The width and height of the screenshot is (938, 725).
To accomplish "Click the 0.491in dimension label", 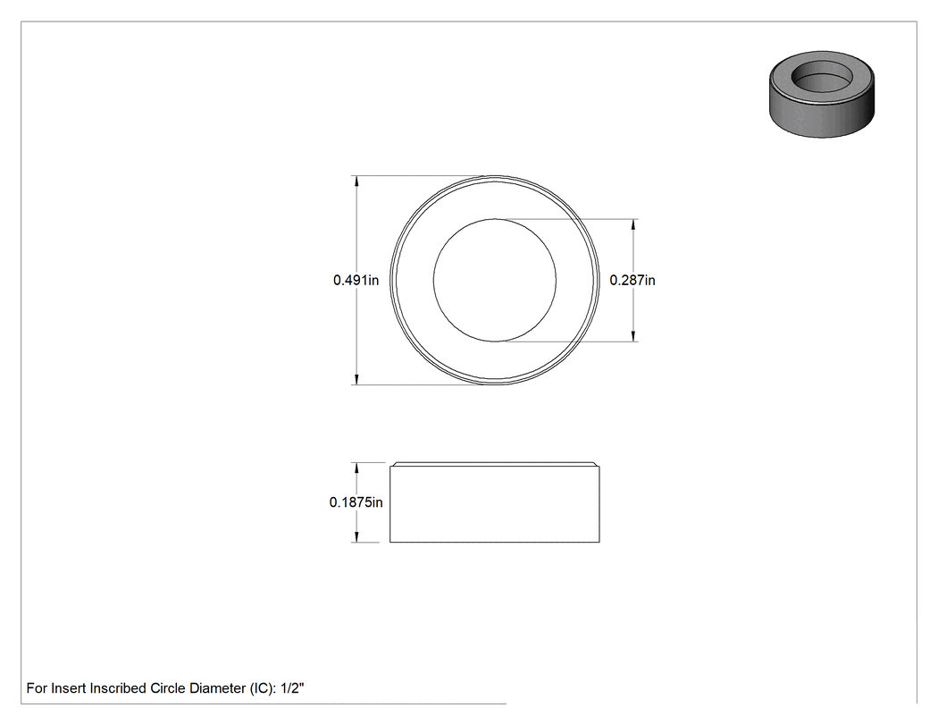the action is point(356,280).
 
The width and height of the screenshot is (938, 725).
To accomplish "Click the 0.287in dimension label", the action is point(632,280).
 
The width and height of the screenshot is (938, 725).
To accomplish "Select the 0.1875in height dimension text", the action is point(356,502).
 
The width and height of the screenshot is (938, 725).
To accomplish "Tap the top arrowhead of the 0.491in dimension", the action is point(356,181).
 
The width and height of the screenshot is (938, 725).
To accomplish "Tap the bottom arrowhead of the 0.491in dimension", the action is point(356,380).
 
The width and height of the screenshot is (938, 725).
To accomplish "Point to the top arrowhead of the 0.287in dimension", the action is point(633,224).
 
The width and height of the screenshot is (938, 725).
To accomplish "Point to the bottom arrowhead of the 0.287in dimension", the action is point(633,336).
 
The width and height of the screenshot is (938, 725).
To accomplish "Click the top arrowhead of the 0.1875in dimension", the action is point(356,468).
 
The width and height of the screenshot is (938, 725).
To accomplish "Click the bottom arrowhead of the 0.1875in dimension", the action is point(356,537).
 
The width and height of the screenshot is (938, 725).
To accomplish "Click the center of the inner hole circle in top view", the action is point(495,280).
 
